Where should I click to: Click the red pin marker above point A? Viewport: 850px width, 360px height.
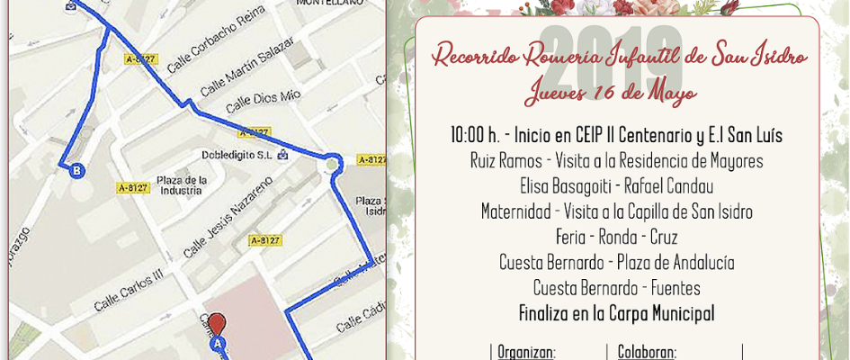[x=216, y=323]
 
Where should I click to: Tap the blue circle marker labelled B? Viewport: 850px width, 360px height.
[x=77, y=171]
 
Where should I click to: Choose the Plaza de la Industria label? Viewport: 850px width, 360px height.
[x=182, y=184]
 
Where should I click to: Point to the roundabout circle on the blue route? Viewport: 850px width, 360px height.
[x=333, y=164]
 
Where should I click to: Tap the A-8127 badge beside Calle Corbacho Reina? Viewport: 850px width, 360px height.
[x=142, y=59]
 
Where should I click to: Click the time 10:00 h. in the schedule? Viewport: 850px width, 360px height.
[x=474, y=137]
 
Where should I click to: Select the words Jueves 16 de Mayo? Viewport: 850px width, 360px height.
[x=611, y=94]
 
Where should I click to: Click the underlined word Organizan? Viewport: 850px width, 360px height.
[x=526, y=353]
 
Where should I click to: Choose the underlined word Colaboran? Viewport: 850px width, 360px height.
[x=646, y=353]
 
